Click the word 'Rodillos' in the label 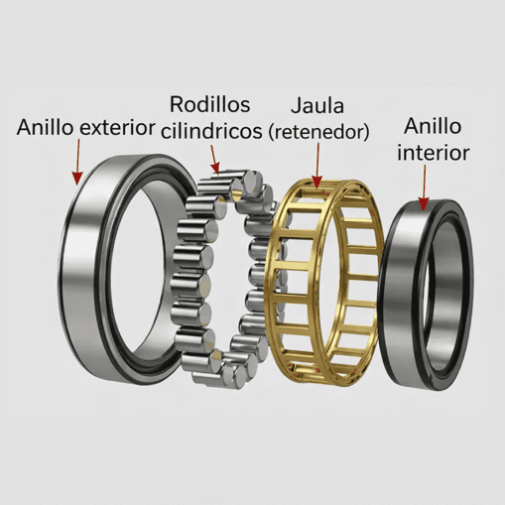(209, 103)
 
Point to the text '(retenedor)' (318, 130)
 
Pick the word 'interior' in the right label (433, 153)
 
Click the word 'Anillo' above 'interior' (434, 127)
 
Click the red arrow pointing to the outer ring (76, 163)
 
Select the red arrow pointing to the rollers (213, 157)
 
